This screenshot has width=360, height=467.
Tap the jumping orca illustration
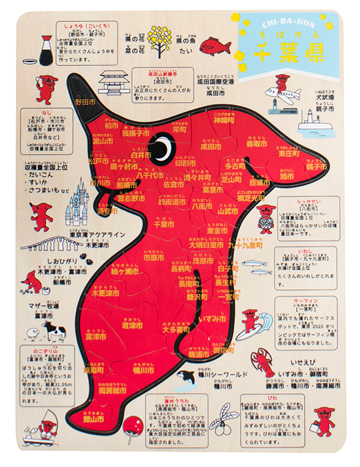point(184,378)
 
